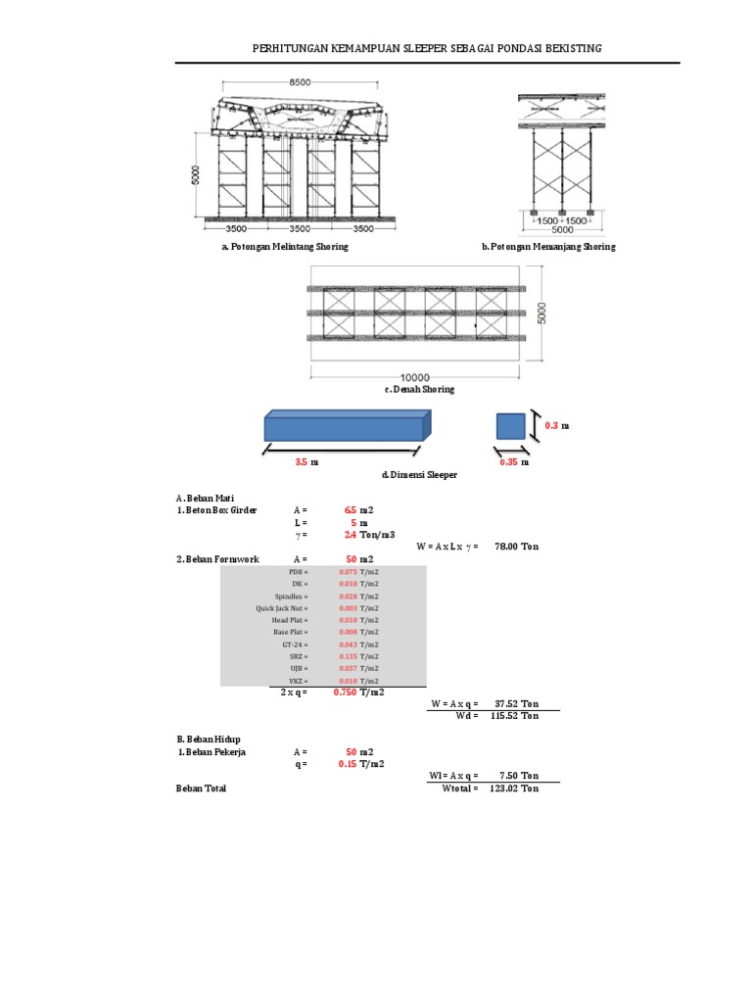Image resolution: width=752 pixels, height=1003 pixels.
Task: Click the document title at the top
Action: coord(427,48)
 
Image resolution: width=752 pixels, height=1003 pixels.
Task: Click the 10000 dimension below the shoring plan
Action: coord(415,376)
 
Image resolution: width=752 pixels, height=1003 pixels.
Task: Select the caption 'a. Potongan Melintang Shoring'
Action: coord(284,247)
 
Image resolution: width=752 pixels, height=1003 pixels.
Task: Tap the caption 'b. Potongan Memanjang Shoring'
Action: coord(548,247)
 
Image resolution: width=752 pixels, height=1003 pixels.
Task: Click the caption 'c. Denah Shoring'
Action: coord(419,389)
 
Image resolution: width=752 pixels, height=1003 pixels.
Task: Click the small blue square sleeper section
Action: coord(510,426)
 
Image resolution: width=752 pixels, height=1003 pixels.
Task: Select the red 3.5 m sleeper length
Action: coord(302,461)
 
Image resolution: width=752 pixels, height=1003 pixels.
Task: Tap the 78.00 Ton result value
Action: coord(517,547)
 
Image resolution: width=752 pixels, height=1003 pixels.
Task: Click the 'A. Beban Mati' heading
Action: coord(205,499)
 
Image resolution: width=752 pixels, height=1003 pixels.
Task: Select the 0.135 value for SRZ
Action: coord(348,657)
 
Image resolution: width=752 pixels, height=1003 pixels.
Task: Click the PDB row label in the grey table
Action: coord(298,571)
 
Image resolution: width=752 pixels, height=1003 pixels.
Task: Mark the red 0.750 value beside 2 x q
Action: coord(344,692)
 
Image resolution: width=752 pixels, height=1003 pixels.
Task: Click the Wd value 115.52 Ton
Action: coord(517,715)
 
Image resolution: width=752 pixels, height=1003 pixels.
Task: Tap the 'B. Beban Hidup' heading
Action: coord(208,739)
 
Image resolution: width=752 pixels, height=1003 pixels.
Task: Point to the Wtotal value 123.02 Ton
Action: coord(517,788)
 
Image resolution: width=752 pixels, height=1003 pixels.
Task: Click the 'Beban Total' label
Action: coord(201,788)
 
